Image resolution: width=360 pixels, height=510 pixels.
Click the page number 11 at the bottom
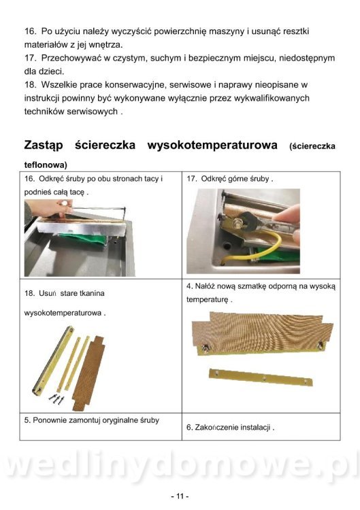coord(180,496)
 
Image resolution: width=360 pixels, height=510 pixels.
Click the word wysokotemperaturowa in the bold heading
coord(212,145)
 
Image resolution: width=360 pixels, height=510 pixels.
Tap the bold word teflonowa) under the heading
coord(46,165)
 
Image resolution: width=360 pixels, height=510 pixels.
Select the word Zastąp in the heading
coord(44,146)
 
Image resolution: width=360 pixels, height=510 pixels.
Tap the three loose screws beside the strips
coord(56,398)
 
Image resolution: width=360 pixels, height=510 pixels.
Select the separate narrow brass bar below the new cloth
coord(261,377)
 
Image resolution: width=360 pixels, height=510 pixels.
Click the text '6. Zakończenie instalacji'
coord(230,427)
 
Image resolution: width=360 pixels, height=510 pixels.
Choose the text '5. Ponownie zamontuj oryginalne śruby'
coord(91,420)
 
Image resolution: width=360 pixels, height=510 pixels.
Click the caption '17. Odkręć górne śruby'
coord(229,179)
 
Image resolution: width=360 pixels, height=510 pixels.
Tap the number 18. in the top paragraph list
coord(30,85)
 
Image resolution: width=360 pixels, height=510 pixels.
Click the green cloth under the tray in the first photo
coord(84,239)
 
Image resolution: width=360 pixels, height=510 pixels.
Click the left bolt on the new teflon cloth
coord(206,348)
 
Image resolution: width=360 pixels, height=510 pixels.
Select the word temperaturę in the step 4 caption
coord(207,300)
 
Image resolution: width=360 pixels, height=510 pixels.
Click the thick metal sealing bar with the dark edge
coord(53,360)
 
